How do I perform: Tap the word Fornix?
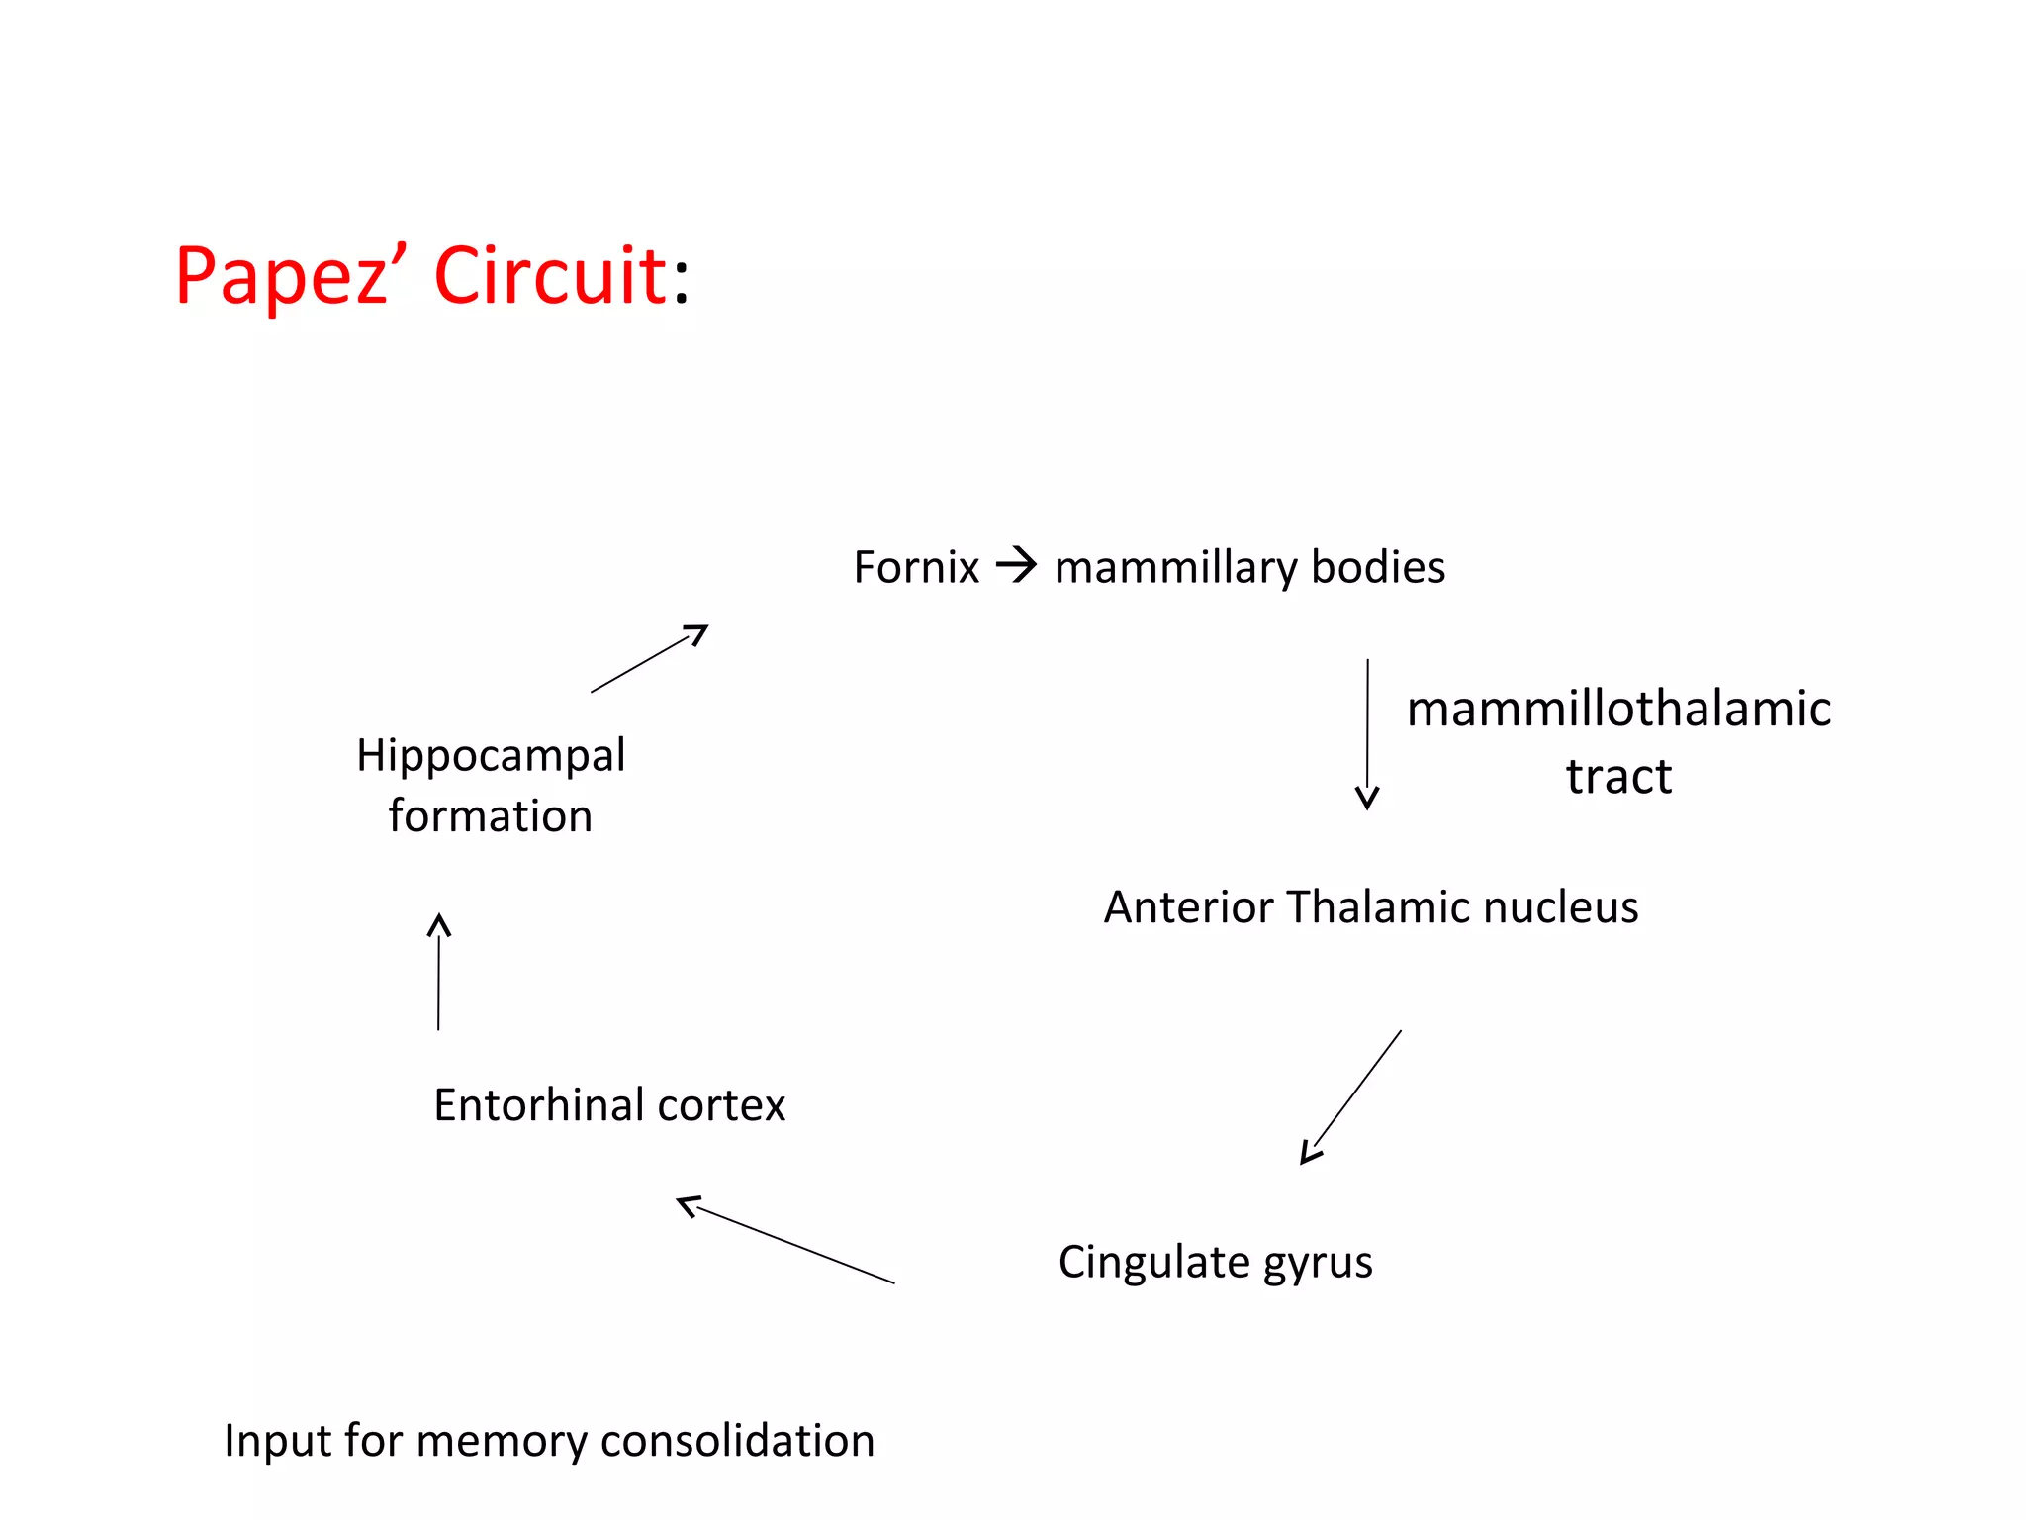pyautogui.click(x=916, y=567)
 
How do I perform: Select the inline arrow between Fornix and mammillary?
pyautogui.click(x=1017, y=565)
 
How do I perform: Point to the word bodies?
pyautogui.click(x=1378, y=567)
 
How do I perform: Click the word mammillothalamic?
pyautogui.click(x=1618, y=709)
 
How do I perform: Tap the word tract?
pyautogui.click(x=1618, y=776)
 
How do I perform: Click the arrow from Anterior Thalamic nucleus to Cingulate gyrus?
pyautogui.click(x=1351, y=1097)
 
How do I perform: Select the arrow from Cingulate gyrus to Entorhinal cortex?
pyautogui.click(x=785, y=1241)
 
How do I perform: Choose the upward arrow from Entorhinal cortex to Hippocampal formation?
pyautogui.click(x=439, y=972)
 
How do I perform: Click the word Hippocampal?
pyautogui.click(x=491, y=757)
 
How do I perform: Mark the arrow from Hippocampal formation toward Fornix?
pyautogui.click(x=650, y=658)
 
